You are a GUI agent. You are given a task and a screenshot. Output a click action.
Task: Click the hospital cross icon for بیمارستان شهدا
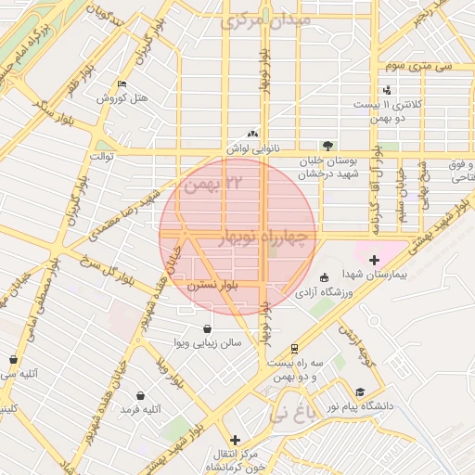point(374,261)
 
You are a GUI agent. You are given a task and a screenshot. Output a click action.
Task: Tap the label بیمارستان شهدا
point(373,275)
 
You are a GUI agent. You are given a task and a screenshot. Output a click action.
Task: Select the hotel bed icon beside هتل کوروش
point(122,84)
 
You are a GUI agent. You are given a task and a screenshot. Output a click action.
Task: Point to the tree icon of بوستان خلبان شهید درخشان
point(327,145)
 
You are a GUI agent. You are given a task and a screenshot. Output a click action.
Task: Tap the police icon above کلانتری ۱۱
point(386,90)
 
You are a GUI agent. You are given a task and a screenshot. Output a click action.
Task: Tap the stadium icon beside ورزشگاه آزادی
point(323,277)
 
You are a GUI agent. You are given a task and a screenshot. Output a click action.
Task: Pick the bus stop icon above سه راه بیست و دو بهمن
point(294,349)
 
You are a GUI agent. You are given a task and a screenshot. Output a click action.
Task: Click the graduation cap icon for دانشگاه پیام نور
point(359,392)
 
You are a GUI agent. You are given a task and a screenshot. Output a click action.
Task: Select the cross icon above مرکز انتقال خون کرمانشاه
point(235,439)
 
